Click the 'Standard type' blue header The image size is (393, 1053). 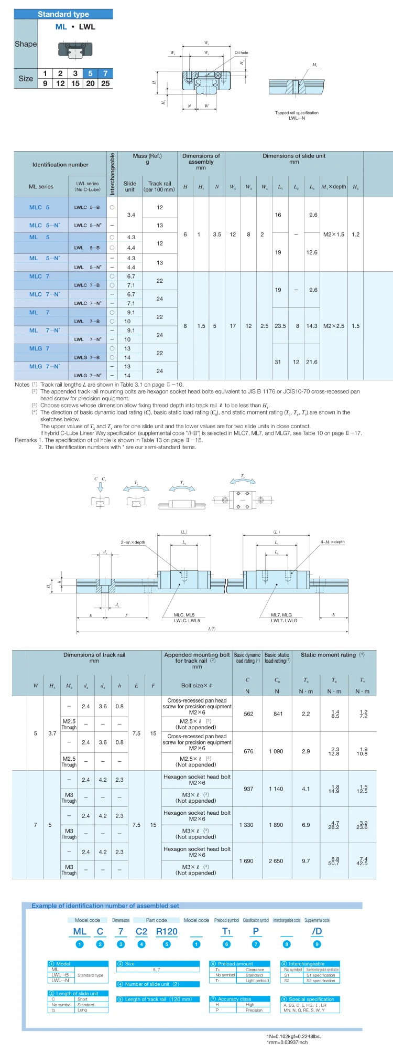click(63, 14)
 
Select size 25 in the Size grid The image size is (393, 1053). click(105, 83)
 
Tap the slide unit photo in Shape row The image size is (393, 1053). click(71, 50)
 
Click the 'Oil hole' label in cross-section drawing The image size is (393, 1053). click(241, 53)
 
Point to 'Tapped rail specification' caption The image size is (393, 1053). click(297, 113)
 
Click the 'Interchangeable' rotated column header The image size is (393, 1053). click(112, 174)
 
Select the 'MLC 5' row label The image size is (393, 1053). click(39, 207)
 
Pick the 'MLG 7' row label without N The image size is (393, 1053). click(39, 348)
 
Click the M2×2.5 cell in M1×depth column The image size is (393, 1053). click(334, 326)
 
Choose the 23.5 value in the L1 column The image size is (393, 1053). click(280, 326)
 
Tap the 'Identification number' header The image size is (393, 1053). click(60, 165)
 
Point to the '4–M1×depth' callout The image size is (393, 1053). click(332, 542)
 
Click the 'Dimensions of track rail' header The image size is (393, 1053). click(94, 655)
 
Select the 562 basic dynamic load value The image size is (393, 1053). click(248, 714)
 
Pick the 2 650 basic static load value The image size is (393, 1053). click(276, 861)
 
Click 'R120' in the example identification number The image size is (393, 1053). click(167, 931)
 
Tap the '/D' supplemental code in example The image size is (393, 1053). click(317, 931)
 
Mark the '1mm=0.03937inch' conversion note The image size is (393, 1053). click(287, 1042)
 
